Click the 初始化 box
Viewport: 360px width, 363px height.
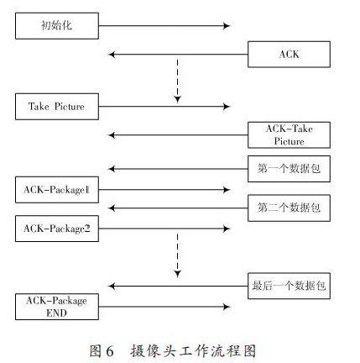[x=57, y=26]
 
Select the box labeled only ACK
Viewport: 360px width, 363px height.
[x=289, y=55]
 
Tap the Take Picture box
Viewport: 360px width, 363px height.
[x=57, y=107]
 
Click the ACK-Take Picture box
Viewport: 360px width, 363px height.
[x=289, y=135]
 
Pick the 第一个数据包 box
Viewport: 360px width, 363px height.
[x=289, y=169]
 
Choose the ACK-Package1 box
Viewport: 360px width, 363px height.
[x=57, y=190]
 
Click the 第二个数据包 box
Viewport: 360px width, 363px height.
[x=289, y=208]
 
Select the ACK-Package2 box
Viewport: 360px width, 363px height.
[x=57, y=229]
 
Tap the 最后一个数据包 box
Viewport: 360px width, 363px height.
[x=289, y=286]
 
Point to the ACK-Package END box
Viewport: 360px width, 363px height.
[x=57, y=307]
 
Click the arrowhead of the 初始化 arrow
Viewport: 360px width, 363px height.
[x=227, y=26]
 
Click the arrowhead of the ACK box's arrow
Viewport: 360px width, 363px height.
[x=112, y=55]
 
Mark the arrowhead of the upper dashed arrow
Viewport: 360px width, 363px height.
[x=178, y=100]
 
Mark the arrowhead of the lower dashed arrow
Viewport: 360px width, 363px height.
[x=178, y=274]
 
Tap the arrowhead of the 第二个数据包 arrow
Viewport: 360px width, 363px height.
[x=112, y=208]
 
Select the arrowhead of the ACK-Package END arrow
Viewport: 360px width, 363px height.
[x=227, y=307]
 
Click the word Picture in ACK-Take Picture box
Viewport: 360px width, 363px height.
[x=289, y=141]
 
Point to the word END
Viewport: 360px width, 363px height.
[x=56, y=313]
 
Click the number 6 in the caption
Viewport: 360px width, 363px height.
[x=110, y=351]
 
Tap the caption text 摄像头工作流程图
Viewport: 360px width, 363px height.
[x=193, y=351]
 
